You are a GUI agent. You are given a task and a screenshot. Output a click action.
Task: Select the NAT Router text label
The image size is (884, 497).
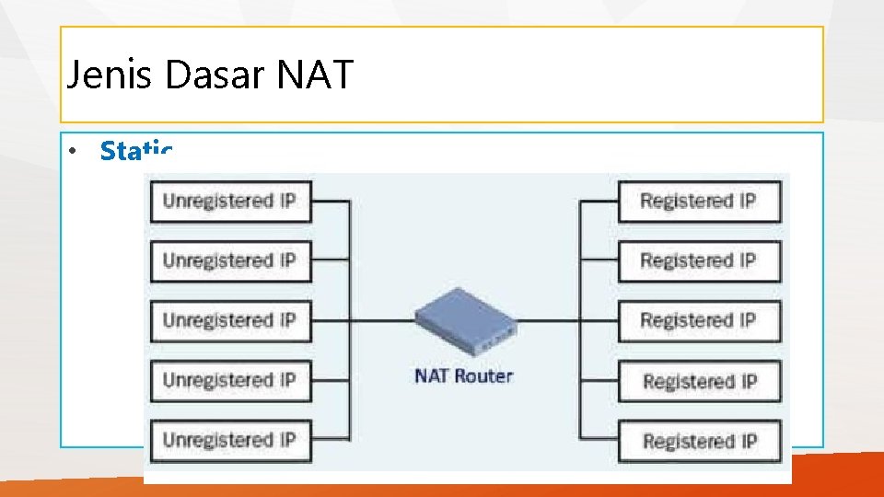tap(464, 376)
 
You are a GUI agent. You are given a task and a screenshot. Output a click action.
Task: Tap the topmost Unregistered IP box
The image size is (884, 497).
tap(230, 202)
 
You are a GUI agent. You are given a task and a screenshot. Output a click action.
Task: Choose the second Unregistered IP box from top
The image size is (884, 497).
tap(230, 261)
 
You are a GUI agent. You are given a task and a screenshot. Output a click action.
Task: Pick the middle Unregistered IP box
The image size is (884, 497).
tap(230, 321)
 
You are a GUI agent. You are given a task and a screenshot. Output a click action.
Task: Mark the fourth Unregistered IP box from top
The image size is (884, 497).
tap(230, 381)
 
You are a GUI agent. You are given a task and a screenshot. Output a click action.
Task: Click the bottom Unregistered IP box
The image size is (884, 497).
tap(230, 441)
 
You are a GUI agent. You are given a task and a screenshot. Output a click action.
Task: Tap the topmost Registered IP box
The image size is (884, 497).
tap(698, 202)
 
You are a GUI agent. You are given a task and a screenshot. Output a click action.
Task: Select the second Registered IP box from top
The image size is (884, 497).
tap(698, 261)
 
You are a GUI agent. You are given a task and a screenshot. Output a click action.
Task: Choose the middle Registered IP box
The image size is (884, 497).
tap(698, 321)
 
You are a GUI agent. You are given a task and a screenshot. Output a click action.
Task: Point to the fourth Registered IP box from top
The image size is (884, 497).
tap(698, 381)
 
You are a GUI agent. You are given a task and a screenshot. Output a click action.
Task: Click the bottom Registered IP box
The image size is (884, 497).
tap(698, 441)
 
